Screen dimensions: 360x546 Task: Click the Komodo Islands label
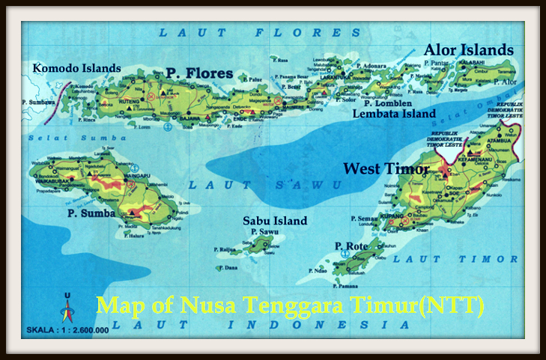[76, 68]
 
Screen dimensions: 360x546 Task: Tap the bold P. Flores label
[199, 73]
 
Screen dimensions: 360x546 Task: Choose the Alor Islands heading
[469, 50]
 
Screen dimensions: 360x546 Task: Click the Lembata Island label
[394, 114]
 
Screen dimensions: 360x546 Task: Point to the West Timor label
[386, 168]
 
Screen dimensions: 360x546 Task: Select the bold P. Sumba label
[91, 213]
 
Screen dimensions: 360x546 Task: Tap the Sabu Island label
[275, 221]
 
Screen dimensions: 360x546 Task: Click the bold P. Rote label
[349, 246]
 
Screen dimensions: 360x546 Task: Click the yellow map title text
[291, 305]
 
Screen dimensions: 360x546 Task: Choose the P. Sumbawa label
[37, 101]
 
